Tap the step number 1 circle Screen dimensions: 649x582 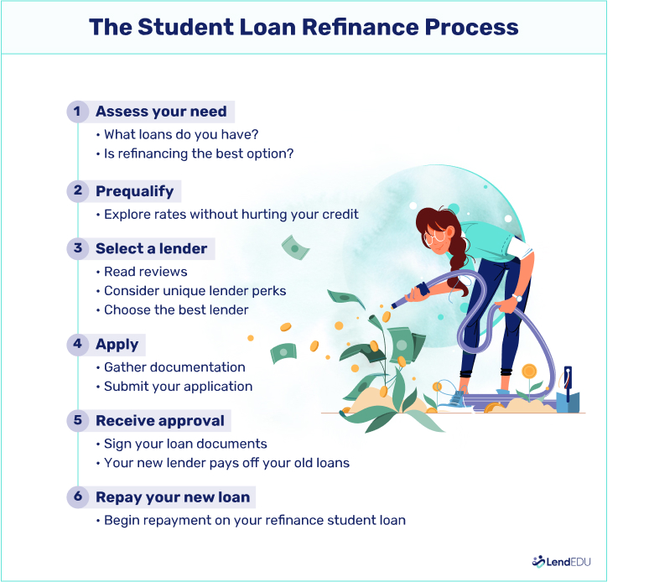tap(78, 112)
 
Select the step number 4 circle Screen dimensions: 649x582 tap(78, 345)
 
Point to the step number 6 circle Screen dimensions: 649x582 tap(78, 497)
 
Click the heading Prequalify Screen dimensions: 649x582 tap(134, 191)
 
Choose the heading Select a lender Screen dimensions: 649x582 tap(152, 248)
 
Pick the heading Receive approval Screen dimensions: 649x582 tap(160, 420)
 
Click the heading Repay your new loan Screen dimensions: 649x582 tap(173, 497)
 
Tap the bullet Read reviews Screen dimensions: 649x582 tap(145, 272)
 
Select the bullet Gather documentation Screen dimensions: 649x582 tap(174, 367)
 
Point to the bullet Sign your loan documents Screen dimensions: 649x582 tap(185, 444)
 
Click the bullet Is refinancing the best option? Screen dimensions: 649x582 tap(199, 153)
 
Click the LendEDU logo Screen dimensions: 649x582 tap(561, 562)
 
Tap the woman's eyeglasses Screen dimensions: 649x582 tap(435, 237)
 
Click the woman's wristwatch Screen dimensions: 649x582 tap(517, 297)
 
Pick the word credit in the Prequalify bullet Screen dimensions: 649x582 tap(340, 215)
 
